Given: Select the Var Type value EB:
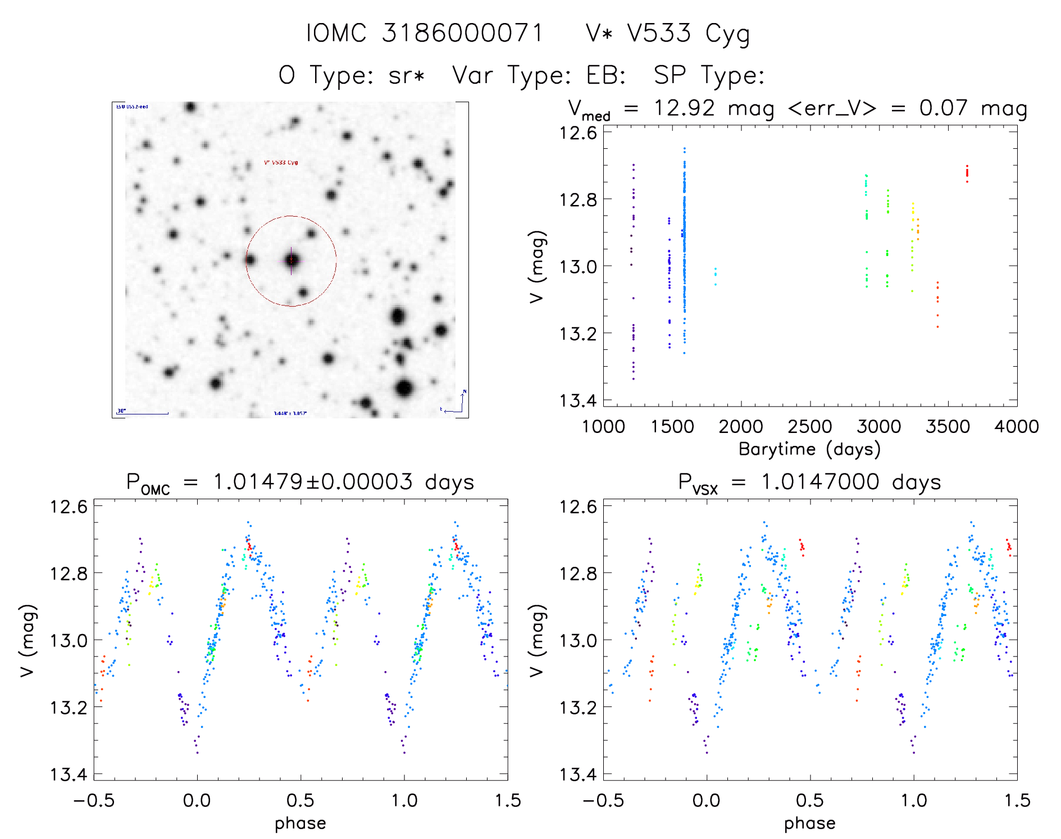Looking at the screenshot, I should (x=606, y=75).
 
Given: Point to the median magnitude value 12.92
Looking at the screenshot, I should (x=684, y=108).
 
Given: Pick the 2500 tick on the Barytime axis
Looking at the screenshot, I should (x=810, y=427).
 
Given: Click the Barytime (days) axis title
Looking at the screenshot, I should (x=809, y=449).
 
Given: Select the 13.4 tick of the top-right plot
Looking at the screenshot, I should (x=577, y=400).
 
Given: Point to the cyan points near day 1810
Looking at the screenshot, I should (x=715, y=276).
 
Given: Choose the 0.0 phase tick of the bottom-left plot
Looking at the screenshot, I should (x=197, y=801).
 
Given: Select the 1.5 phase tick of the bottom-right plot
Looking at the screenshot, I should (x=1017, y=801).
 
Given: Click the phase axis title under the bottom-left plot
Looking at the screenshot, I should (x=300, y=823).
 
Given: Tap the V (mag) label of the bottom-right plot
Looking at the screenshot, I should (x=537, y=640).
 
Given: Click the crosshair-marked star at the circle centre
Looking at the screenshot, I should (x=291, y=260).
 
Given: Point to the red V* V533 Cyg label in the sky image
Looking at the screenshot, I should (x=281, y=163).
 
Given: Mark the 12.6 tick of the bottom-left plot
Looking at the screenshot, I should (x=69, y=507).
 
